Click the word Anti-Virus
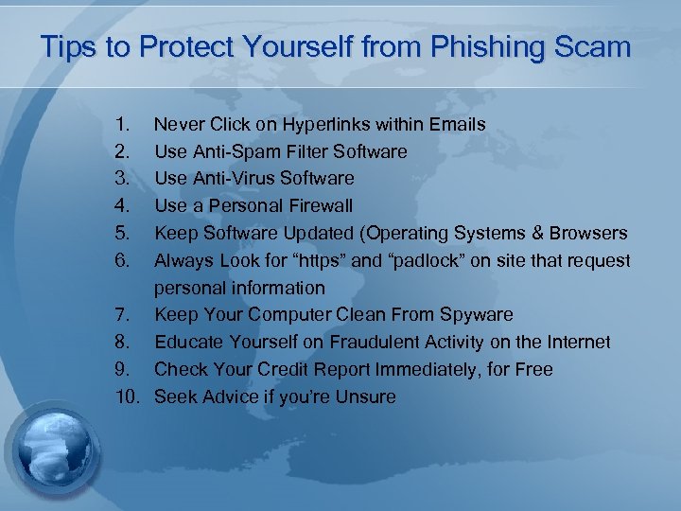(x=234, y=178)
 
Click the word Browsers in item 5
(x=588, y=233)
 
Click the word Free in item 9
(x=533, y=369)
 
